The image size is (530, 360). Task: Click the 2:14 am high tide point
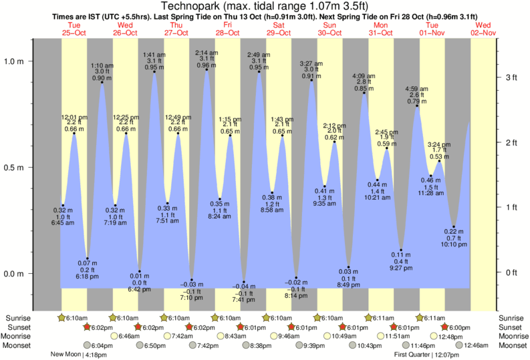click(206, 70)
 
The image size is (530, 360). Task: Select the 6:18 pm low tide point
click(88, 258)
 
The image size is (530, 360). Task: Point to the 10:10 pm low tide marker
click(454, 227)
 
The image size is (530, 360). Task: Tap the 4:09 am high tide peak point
click(364, 94)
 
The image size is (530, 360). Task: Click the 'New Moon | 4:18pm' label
click(74, 355)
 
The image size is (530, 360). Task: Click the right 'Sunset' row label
click(512, 327)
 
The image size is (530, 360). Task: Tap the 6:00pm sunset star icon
click(446, 327)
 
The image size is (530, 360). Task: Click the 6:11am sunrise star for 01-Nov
click(419, 318)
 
